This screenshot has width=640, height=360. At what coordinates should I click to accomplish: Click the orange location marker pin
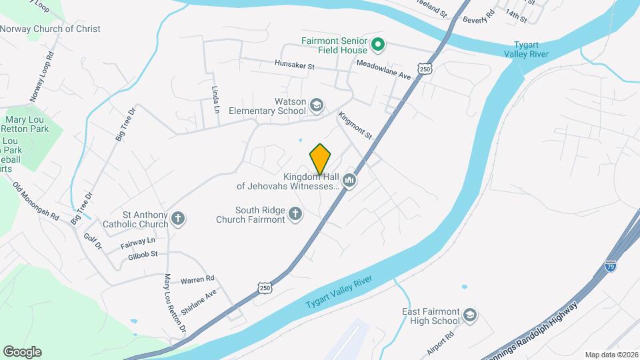click(320, 159)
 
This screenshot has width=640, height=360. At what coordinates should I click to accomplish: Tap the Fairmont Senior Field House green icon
click(378, 45)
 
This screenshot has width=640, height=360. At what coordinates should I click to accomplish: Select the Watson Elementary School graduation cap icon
click(317, 105)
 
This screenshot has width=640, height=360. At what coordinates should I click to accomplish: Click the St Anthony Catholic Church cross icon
click(178, 218)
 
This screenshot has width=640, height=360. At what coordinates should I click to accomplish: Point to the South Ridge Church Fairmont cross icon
click(295, 214)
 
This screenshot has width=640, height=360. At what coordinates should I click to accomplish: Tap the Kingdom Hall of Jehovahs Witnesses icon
click(349, 180)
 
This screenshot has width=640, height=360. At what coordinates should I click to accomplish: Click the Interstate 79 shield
click(611, 266)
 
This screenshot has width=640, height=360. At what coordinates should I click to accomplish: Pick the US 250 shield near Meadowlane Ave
click(425, 69)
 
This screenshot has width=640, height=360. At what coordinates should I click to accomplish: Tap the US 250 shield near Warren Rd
click(265, 287)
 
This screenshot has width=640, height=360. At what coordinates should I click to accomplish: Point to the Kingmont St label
click(355, 125)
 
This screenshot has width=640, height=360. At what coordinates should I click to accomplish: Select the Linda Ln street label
click(215, 99)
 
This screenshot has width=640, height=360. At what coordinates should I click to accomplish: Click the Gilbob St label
click(143, 254)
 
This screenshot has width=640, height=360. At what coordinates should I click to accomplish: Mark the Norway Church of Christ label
click(50, 29)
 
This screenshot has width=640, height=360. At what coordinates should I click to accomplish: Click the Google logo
click(22, 351)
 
